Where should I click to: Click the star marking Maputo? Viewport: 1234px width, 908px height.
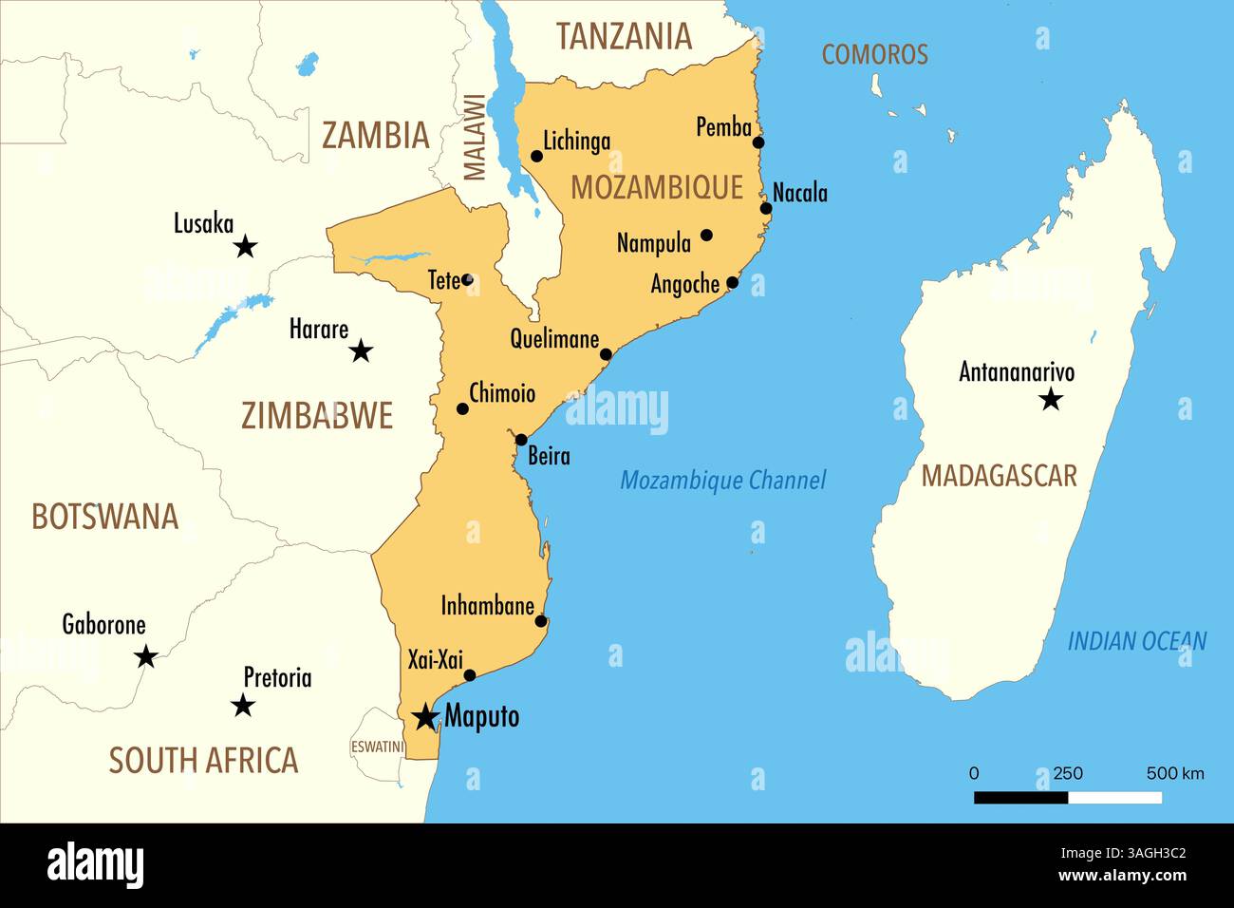click(425, 716)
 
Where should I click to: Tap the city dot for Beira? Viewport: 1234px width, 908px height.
click(521, 440)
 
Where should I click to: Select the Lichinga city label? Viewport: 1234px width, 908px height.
click(576, 142)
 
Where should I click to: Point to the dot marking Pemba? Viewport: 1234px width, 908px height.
click(758, 142)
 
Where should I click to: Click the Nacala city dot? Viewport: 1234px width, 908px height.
click(766, 208)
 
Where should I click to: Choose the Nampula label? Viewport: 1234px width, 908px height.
click(653, 243)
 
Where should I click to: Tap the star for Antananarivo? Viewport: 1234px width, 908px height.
click(1050, 399)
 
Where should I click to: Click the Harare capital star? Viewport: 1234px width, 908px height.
click(361, 352)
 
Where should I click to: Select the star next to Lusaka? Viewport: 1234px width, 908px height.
click(245, 247)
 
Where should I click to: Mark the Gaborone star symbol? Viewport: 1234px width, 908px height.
click(145, 656)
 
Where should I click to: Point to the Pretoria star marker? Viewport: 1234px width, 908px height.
click(243, 706)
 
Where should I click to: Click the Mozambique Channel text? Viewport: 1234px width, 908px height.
click(722, 481)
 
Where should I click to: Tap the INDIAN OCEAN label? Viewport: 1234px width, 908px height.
click(1136, 642)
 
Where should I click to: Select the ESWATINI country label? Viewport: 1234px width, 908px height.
click(377, 747)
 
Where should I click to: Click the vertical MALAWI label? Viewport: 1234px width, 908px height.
click(474, 137)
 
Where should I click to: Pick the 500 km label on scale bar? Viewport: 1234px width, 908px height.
click(1174, 773)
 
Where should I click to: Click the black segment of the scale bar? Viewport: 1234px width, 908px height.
click(1020, 798)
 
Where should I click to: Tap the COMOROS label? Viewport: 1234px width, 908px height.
click(874, 54)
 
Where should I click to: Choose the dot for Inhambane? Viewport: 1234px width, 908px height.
click(541, 621)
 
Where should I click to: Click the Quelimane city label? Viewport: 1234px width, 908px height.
click(554, 339)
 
